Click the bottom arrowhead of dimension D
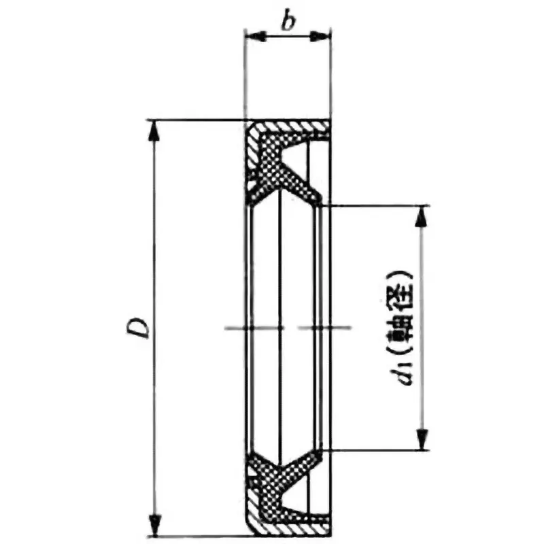tap(156, 524)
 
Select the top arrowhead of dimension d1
tap(422, 214)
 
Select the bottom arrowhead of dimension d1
tap(422, 441)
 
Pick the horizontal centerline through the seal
tap(286, 328)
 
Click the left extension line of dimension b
tap(245, 75)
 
